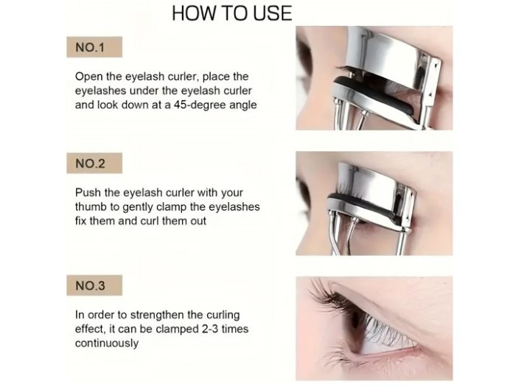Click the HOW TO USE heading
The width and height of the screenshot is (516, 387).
pyautogui.click(x=232, y=13)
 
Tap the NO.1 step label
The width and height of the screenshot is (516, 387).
pyautogui.click(x=90, y=47)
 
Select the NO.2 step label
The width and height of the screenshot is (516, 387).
pyautogui.click(x=90, y=164)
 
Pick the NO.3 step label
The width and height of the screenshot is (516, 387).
pyautogui.click(x=90, y=286)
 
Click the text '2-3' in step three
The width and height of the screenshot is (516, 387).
pyautogui.click(x=209, y=329)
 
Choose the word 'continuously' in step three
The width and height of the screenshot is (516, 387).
pyautogui.click(x=107, y=344)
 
